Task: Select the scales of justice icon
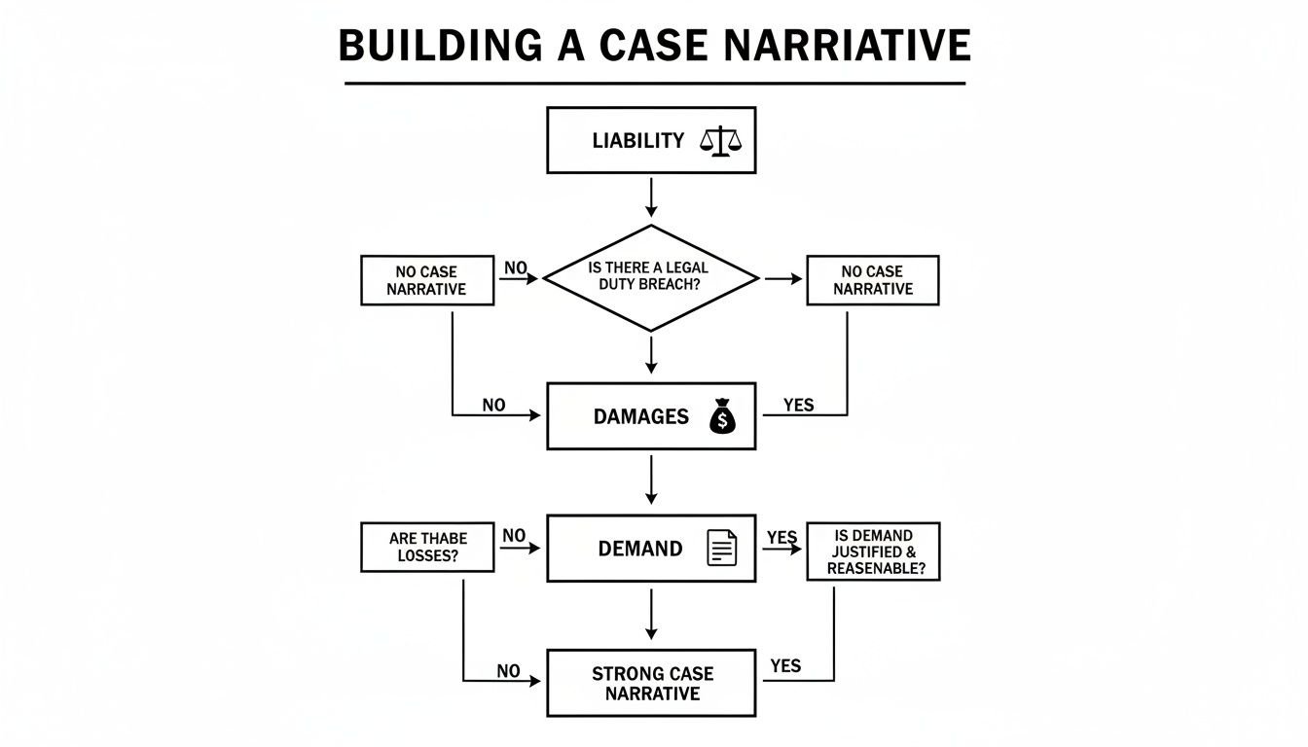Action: click(720, 141)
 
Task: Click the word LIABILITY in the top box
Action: click(637, 141)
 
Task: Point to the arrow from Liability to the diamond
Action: click(651, 197)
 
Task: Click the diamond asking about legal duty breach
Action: click(650, 279)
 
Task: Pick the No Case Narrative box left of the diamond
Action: click(426, 280)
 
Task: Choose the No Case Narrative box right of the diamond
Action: click(872, 280)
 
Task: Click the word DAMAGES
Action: click(640, 416)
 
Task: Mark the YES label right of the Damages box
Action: click(798, 405)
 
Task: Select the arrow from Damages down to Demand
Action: click(651, 480)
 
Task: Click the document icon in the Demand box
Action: click(721, 548)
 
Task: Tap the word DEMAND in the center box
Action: click(639, 549)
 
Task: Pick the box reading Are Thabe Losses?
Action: click(428, 548)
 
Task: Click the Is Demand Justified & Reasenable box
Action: click(872, 551)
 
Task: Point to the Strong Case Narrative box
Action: click(651, 683)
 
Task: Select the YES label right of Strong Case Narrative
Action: click(785, 666)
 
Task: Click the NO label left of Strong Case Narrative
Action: click(508, 671)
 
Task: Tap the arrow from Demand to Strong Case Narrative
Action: click(651, 615)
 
